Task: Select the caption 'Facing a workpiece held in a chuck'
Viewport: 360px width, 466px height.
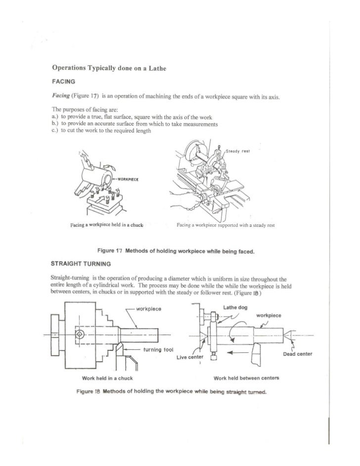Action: point(107,225)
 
